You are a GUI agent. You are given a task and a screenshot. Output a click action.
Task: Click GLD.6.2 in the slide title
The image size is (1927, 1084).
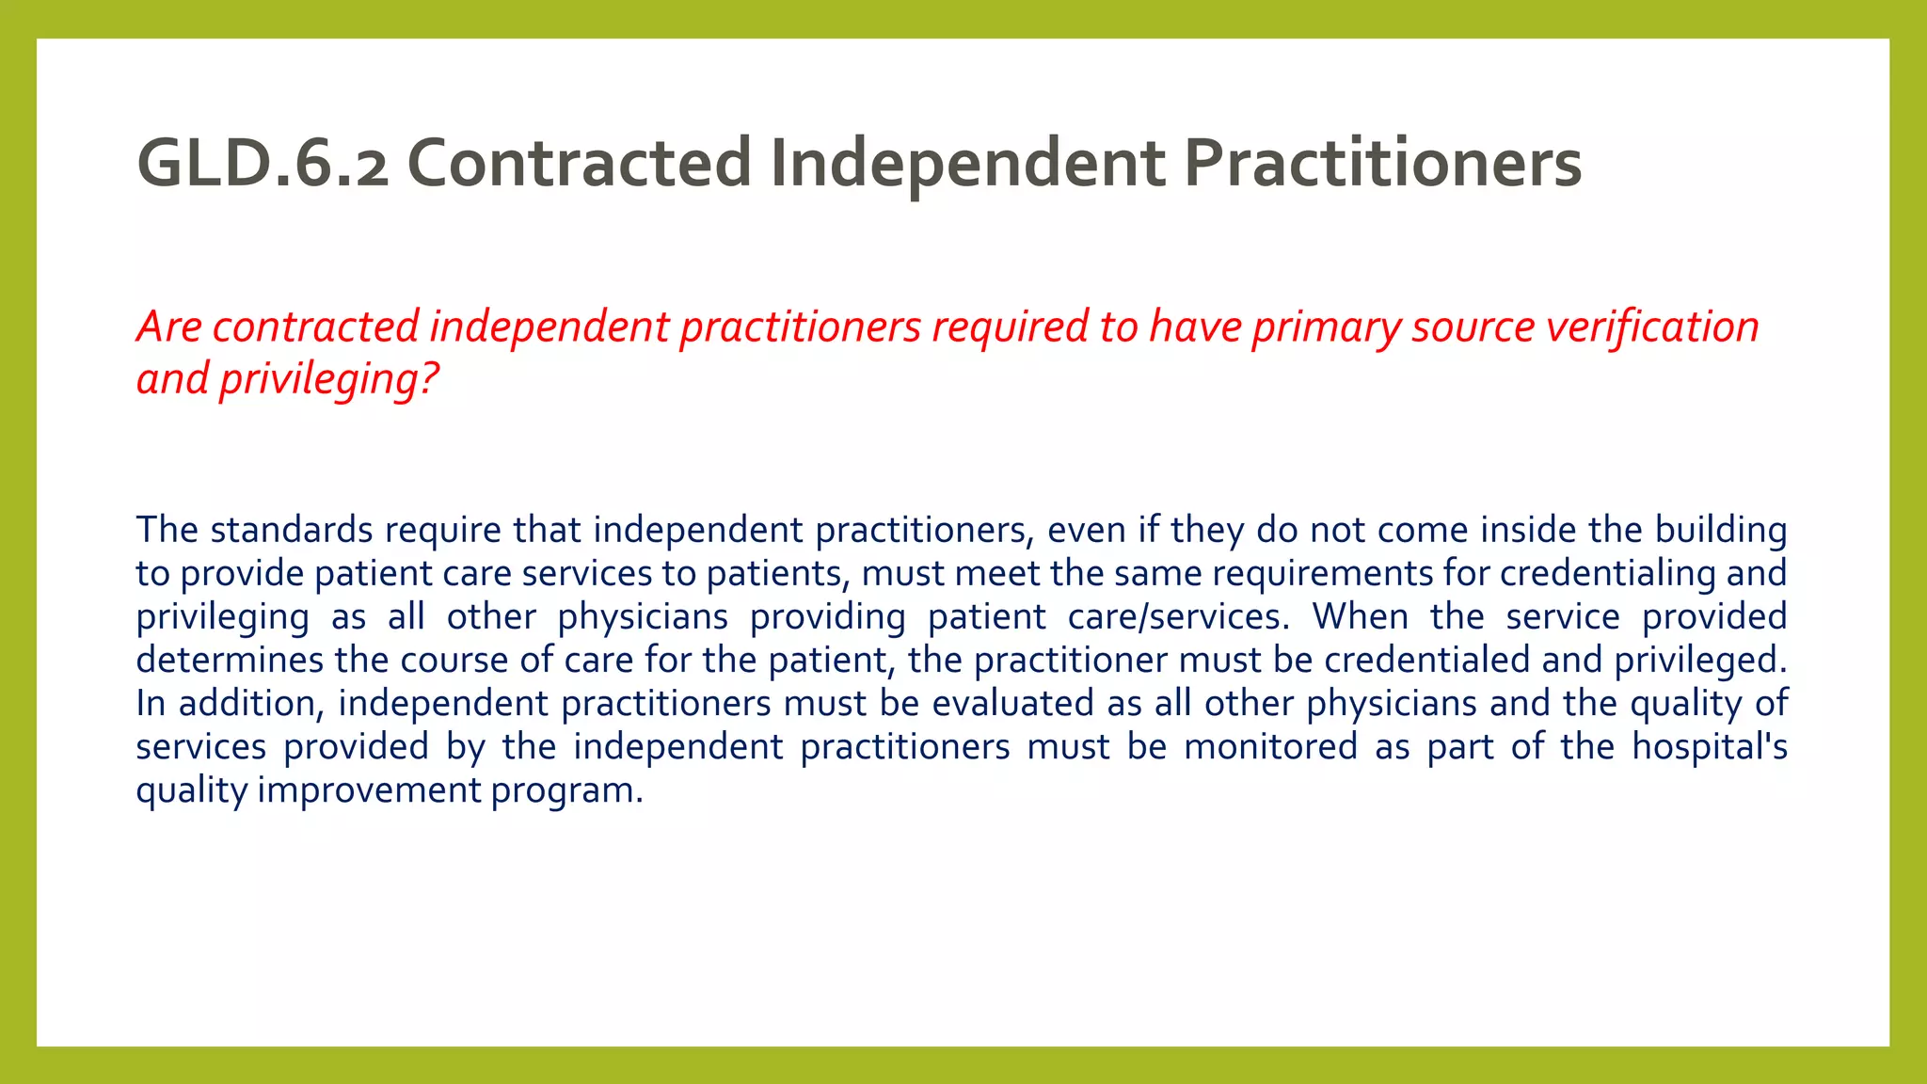[263, 164]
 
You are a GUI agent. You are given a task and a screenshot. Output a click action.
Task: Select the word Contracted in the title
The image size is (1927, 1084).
[579, 164]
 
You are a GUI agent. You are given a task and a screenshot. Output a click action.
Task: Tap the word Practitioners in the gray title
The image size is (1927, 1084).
[1382, 164]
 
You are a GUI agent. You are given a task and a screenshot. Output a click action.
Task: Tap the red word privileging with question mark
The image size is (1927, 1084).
[328, 379]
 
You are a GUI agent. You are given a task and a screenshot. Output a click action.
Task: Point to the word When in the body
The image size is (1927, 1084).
[1361, 617]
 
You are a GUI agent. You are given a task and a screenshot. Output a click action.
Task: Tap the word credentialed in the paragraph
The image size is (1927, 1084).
[1427, 661]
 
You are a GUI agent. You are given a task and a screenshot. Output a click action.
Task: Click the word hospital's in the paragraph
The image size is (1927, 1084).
[1709, 747]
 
